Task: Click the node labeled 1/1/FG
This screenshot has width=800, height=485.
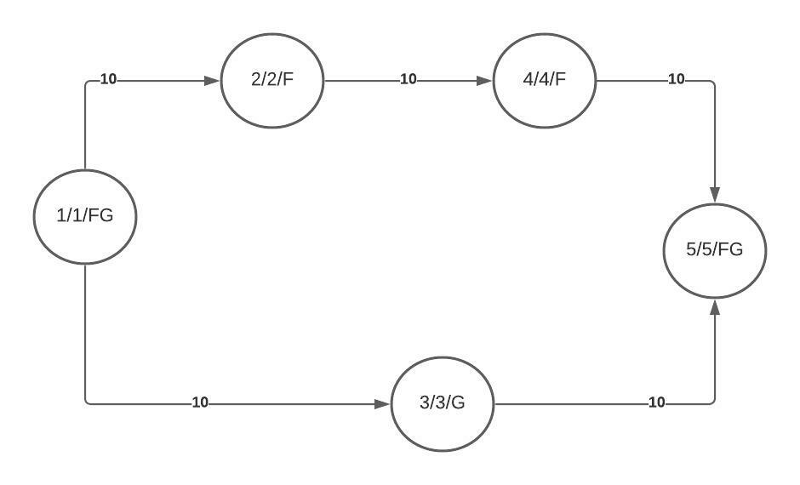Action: click(x=85, y=217)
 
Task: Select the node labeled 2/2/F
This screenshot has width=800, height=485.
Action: click(x=272, y=81)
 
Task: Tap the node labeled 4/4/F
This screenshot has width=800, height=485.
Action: click(x=545, y=81)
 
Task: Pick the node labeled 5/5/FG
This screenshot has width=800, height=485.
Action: click(x=715, y=250)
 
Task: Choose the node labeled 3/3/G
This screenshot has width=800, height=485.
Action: click(x=443, y=404)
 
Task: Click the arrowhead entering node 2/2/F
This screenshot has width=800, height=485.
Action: click(x=212, y=81)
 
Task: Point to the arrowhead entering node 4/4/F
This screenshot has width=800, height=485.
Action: click(x=484, y=81)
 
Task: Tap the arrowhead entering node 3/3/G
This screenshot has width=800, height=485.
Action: click(x=382, y=404)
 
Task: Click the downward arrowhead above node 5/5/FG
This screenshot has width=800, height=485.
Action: click(x=715, y=194)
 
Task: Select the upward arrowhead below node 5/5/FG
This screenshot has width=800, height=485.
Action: click(x=715, y=307)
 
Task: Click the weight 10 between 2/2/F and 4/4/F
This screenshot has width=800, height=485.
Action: click(x=409, y=79)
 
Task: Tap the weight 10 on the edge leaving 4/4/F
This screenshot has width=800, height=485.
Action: click(x=677, y=79)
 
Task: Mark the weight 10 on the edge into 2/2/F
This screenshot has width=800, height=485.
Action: click(x=108, y=79)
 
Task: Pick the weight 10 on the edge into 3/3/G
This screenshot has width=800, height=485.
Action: click(x=200, y=402)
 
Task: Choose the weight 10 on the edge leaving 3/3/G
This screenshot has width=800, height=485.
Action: click(x=657, y=402)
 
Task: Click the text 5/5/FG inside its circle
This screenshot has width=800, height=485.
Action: click(x=714, y=249)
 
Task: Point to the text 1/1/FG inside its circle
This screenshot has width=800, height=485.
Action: click(x=85, y=216)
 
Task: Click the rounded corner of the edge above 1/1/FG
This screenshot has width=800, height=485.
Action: click(x=87, y=83)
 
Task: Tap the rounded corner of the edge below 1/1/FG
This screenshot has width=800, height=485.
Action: click(x=87, y=402)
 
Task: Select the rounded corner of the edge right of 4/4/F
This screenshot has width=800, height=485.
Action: click(x=712, y=83)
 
